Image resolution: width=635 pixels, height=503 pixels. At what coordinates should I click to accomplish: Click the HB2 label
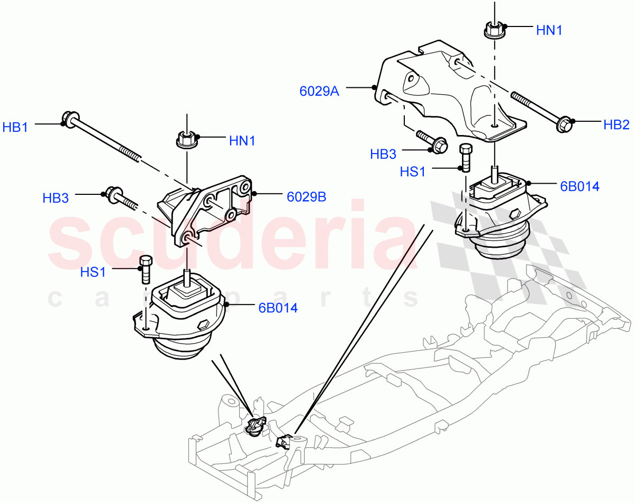coord(616,125)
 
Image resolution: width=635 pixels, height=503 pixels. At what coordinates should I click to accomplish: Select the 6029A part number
coord(319,91)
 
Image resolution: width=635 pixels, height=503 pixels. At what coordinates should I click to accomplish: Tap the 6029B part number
coord(306,197)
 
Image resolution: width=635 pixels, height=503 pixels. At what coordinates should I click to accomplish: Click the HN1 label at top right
coord(549,31)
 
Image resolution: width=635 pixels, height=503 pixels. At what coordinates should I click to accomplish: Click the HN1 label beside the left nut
coord(242,141)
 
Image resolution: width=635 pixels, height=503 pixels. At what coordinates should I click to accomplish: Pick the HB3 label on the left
coord(56,198)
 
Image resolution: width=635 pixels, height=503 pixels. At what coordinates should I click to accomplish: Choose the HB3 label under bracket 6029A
coord(383,154)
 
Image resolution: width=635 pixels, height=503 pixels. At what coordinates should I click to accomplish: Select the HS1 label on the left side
coord(93,272)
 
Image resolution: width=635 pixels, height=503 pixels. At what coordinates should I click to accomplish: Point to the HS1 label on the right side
coord(412,172)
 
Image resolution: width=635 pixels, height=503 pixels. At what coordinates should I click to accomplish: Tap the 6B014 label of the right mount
coord(580,186)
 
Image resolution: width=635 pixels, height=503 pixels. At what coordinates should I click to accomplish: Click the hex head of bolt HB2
coord(564,125)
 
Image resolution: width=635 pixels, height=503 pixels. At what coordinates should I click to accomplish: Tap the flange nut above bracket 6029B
coord(186,141)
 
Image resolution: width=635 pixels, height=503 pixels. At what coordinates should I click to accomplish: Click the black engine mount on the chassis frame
coord(256,425)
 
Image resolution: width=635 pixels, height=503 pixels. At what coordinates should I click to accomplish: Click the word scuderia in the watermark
coord(233,238)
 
